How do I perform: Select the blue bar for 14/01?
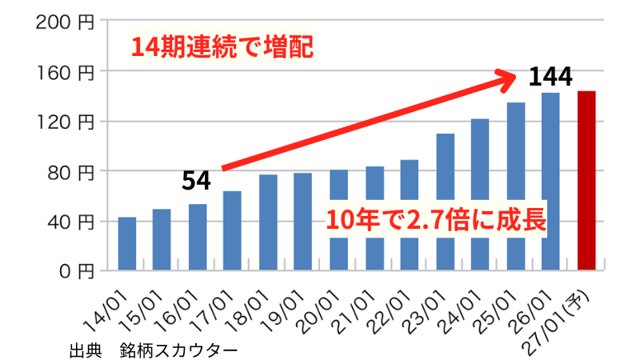(x=127, y=244)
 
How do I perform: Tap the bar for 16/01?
(x=198, y=238)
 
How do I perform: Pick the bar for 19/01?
(x=303, y=222)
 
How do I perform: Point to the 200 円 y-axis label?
(x=66, y=22)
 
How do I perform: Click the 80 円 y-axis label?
(x=70, y=171)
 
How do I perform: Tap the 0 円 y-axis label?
(x=78, y=271)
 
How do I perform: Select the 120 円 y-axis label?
(x=66, y=122)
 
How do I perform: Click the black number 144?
(x=550, y=77)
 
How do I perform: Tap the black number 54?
(x=196, y=181)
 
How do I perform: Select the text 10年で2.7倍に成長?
(x=435, y=219)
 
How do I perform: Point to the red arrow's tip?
(x=518, y=76)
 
